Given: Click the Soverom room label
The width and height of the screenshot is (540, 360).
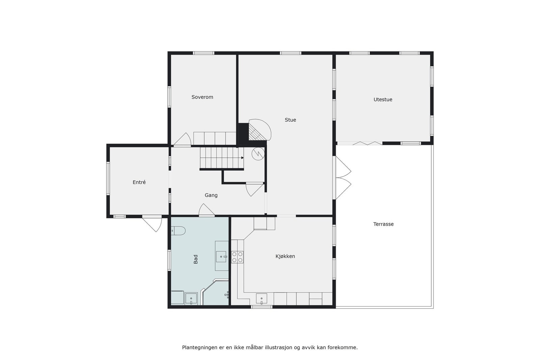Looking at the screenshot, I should [x=202, y=97].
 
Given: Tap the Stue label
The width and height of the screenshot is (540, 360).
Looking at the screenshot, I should [x=290, y=120].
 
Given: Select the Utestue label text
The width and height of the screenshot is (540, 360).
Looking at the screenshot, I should [x=383, y=100].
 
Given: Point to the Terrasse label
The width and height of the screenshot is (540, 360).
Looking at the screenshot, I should [x=383, y=224].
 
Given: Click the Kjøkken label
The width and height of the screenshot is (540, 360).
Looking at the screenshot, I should [x=285, y=256].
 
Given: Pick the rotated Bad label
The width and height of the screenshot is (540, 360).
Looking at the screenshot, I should [x=196, y=259].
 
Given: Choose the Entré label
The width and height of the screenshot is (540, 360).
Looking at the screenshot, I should [x=139, y=182].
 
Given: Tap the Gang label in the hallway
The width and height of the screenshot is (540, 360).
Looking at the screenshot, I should [x=211, y=195].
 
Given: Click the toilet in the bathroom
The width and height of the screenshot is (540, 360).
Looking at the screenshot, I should [x=179, y=231].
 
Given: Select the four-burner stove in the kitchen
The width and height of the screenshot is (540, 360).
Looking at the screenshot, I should [x=237, y=257].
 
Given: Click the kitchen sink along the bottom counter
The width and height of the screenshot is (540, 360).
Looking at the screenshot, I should [x=261, y=299].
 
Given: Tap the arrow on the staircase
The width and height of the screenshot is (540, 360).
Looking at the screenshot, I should [x=242, y=158].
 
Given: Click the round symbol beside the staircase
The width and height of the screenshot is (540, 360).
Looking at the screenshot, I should [x=258, y=154].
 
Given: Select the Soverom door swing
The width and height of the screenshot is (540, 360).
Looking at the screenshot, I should [x=183, y=140].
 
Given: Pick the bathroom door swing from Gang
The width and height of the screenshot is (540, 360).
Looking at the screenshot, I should [x=206, y=211].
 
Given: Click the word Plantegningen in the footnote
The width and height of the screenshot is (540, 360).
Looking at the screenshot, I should [x=199, y=347].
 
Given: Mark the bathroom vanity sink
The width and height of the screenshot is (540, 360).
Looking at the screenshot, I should [x=221, y=257].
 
